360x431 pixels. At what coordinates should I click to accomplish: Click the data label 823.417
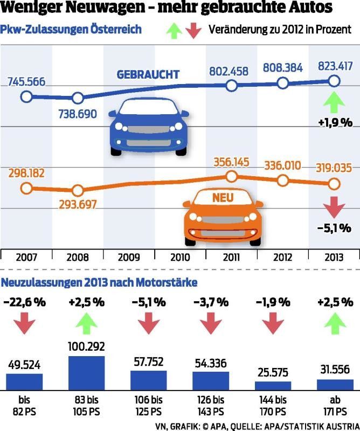point(334,67)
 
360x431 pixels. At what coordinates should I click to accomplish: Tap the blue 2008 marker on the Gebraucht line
point(78,98)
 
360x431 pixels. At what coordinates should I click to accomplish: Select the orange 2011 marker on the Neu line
point(231,176)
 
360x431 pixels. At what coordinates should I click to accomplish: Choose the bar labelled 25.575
point(273,385)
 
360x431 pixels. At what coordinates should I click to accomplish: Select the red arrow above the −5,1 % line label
point(334,207)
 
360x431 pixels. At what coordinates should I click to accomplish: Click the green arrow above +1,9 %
point(334,102)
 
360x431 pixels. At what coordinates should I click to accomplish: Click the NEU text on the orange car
point(222,198)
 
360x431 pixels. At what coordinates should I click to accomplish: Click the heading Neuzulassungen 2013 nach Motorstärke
point(100,282)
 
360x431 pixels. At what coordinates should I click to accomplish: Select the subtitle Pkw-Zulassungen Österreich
point(72,29)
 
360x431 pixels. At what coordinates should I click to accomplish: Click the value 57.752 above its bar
point(148,361)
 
